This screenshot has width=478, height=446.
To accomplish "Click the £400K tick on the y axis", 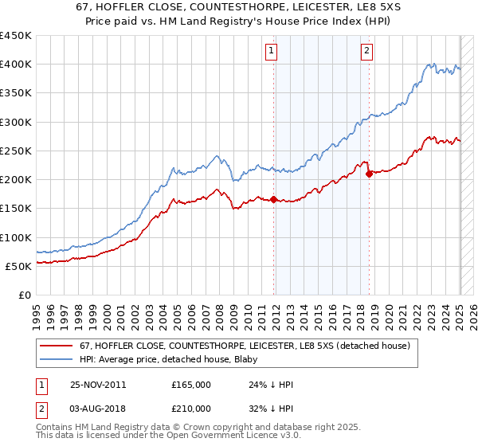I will click(16, 65).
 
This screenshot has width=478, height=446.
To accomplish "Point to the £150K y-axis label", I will click(16, 209).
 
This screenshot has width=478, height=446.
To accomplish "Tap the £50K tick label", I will click(19, 266).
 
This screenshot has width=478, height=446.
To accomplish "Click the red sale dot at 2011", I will click(274, 199).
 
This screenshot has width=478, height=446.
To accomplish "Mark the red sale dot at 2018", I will click(369, 174).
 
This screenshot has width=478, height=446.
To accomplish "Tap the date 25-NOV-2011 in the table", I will click(98, 384).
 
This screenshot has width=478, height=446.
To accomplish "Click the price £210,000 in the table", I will click(191, 408).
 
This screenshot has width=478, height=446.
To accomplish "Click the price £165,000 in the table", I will click(191, 384).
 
